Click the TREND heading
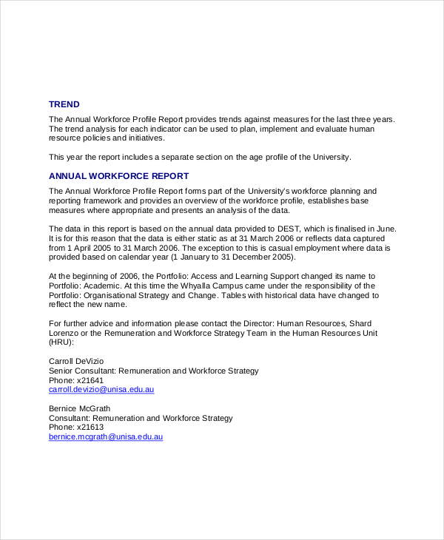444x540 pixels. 64,104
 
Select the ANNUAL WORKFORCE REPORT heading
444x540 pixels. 118,176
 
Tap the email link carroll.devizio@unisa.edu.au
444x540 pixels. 101,389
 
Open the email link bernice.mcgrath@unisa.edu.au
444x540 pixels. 105,436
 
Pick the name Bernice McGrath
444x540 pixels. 79,408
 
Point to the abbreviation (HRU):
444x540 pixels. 61,342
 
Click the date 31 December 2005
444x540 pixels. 252,257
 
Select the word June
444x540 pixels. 384,229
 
